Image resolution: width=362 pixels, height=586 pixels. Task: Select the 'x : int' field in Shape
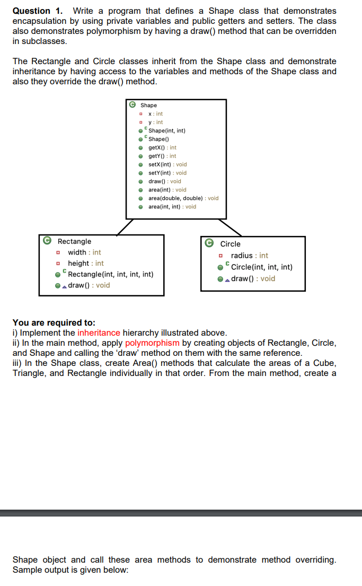tap(155, 113)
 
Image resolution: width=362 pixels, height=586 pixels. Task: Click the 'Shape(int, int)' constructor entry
tap(167, 130)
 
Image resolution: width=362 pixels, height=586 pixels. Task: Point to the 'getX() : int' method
tap(162, 147)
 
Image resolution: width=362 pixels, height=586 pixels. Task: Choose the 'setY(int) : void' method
tap(167, 173)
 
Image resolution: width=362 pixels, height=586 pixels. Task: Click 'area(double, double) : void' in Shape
tap(183, 198)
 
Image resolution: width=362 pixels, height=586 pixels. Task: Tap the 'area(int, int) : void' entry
tap(172, 207)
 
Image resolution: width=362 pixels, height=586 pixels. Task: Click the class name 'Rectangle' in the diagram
tap(74, 241)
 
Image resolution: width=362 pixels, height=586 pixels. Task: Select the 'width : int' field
tap(84, 252)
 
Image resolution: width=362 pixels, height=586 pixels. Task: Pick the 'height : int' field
tap(86, 264)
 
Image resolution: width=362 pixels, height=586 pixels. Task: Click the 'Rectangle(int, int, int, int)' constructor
tap(111, 274)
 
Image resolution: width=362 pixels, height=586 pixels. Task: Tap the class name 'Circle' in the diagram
tap(230, 244)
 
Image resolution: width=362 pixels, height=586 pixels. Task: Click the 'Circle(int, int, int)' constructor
tap(261, 267)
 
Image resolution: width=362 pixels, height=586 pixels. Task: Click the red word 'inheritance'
tap(99, 333)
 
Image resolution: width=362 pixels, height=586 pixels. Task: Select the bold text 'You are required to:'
tap(54, 322)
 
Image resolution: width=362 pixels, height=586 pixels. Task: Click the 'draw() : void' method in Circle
tap(253, 278)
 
